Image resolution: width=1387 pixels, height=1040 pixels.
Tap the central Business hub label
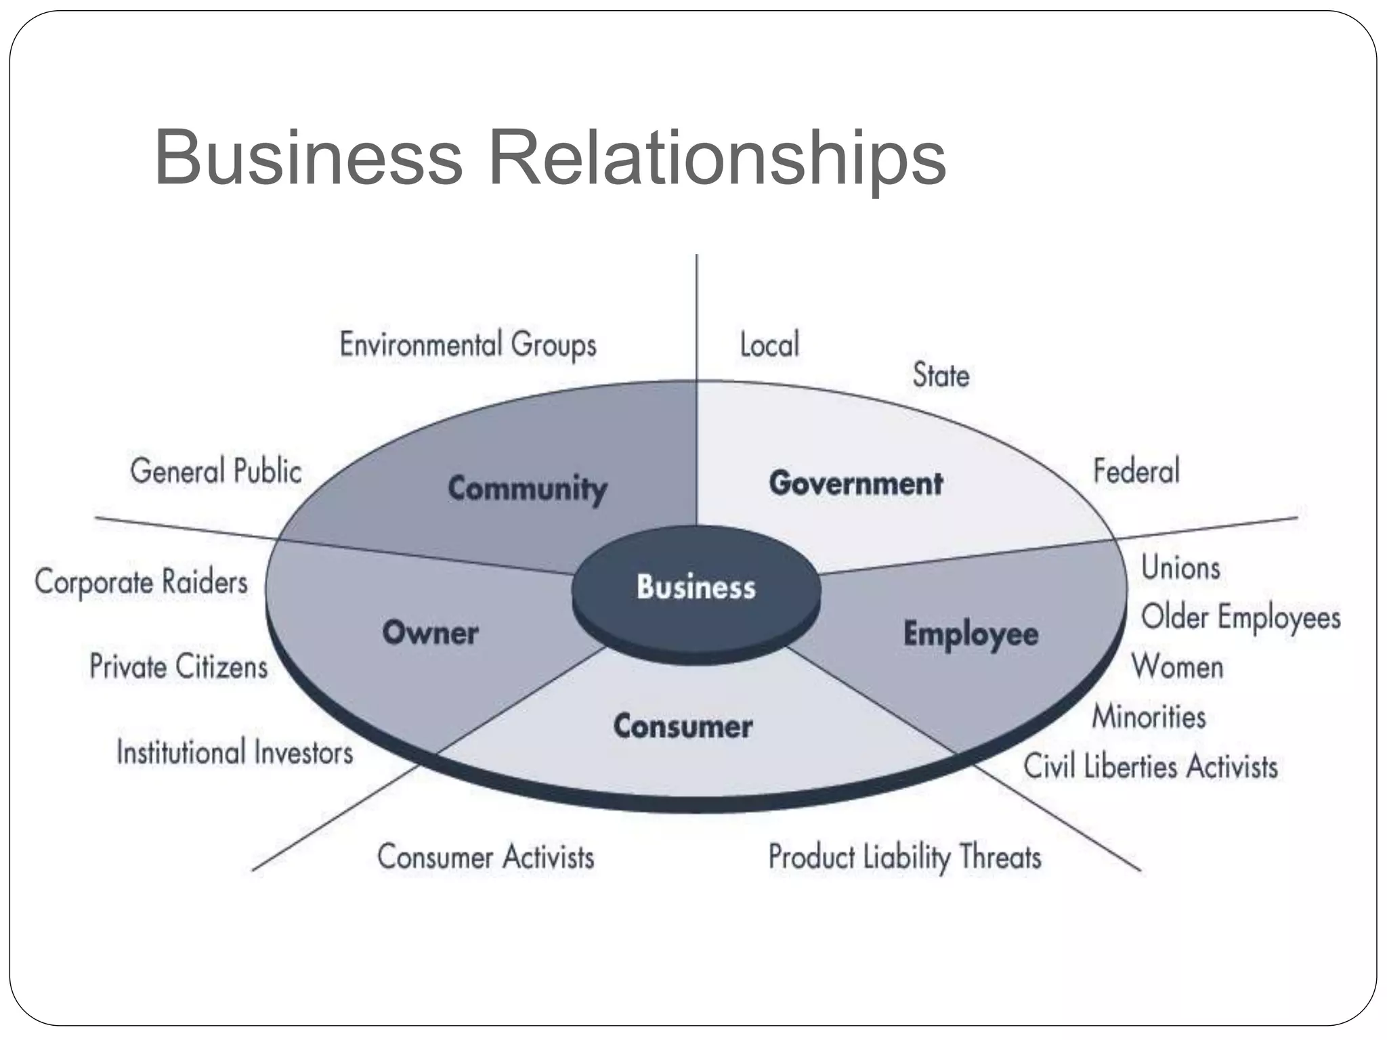coord(696,587)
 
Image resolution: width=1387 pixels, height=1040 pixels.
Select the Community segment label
coord(528,488)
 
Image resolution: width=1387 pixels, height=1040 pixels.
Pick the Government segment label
coord(855,483)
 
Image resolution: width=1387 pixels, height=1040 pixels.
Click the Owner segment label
coord(431,633)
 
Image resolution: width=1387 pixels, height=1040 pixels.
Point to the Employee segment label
coord(970,634)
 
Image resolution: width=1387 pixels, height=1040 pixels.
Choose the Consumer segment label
coord(683,727)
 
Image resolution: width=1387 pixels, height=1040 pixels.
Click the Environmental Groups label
coord(468,345)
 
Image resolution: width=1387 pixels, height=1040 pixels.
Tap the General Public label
coord(216,471)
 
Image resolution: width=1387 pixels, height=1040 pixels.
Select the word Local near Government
coord(769,345)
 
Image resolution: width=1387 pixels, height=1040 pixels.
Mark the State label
coord(941,375)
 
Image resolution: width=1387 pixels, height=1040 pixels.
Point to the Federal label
coord(1136,471)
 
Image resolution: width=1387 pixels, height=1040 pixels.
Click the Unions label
coord(1180,568)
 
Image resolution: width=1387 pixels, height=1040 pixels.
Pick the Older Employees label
coord(1241,617)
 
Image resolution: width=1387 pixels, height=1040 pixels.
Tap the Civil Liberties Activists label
coord(1150,767)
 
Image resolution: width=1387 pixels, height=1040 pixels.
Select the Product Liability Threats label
coord(904,857)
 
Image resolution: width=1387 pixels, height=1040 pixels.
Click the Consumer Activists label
coord(486,857)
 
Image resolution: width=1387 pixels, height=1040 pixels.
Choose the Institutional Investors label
coord(235,753)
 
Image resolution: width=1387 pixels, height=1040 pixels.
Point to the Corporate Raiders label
coord(142,582)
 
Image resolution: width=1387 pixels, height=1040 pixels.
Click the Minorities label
coord(1149,717)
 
